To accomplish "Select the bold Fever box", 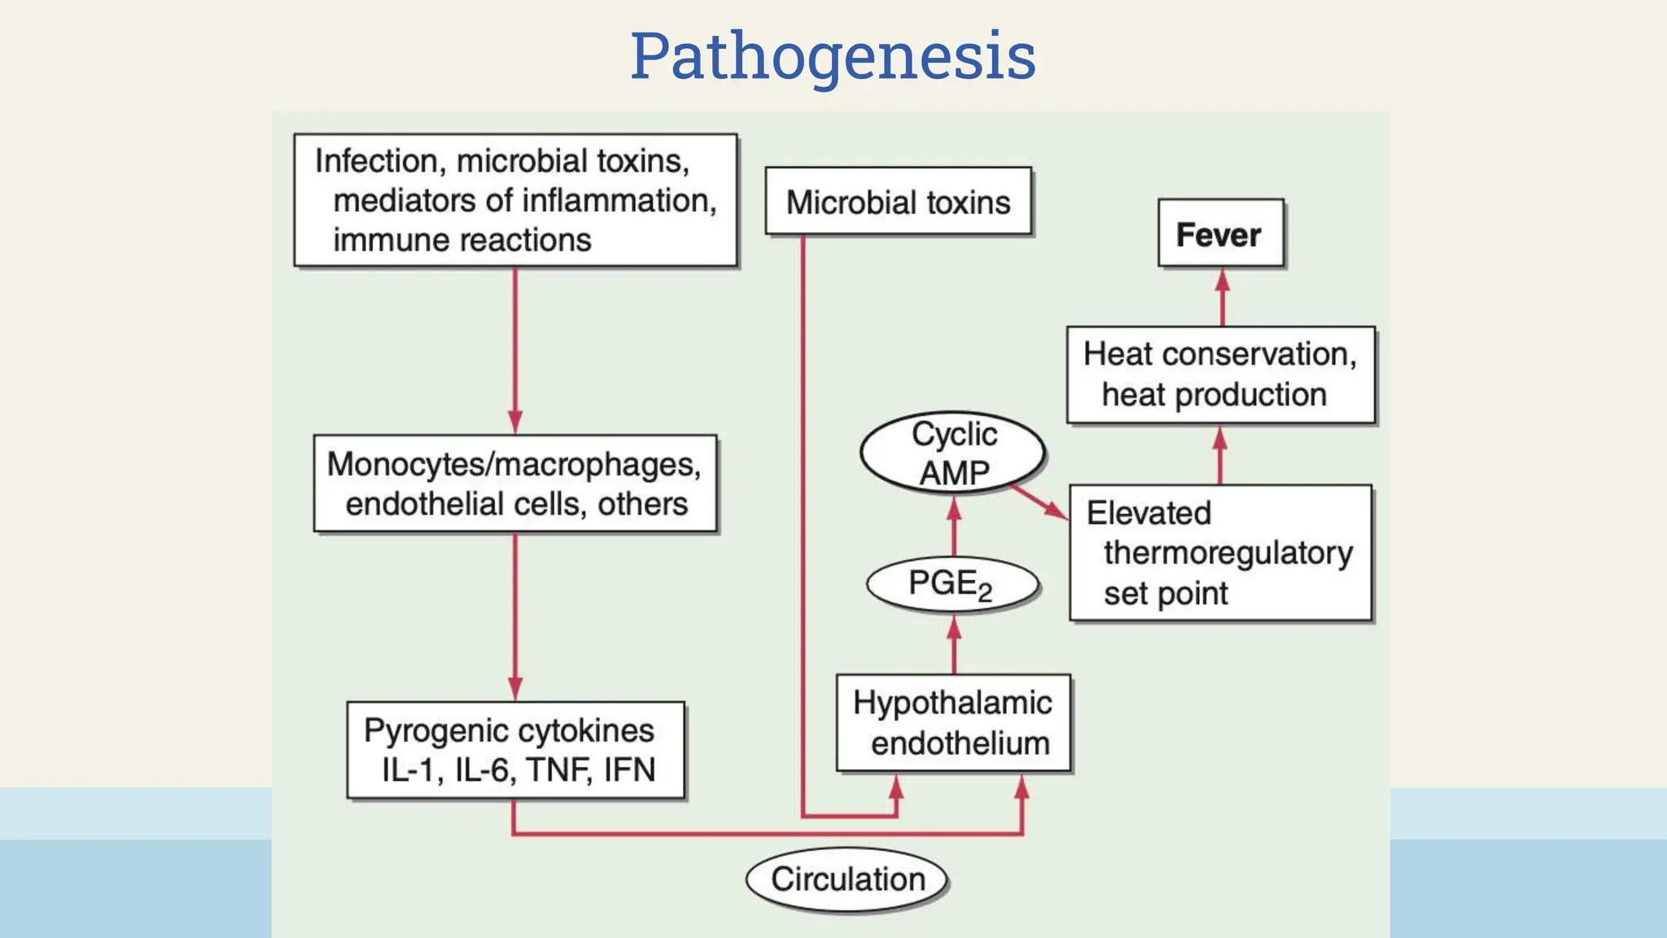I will click(x=1220, y=234).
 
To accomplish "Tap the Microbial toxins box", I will click(x=898, y=202).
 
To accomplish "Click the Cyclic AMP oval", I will click(x=953, y=453).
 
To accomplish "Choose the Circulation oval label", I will click(x=847, y=879).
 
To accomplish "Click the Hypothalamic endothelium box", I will click(x=953, y=723).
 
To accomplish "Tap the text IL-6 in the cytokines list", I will click(x=482, y=770).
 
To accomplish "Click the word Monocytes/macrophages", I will click(x=514, y=464).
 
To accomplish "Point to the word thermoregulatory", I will click(x=1227, y=553).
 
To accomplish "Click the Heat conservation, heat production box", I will click(x=1220, y=375).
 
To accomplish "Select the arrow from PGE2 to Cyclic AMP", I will click(x=954, y=526).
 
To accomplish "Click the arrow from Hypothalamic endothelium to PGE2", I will click(x=955, y=645).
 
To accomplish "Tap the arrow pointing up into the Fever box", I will click(x=1223, y=297).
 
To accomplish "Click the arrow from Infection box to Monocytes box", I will click(x=515, y=350).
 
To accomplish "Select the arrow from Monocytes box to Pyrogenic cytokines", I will click(x=515, y=616).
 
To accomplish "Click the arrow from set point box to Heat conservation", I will click(x=1219, y=455).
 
